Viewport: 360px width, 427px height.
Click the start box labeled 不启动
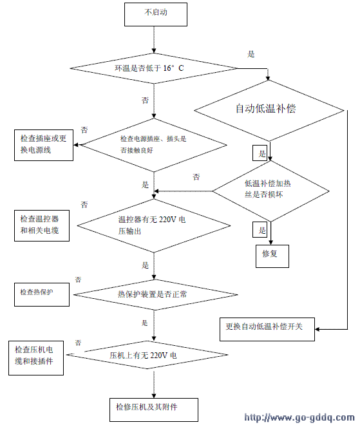(x=155, y=14)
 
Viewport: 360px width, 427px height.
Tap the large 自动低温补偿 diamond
(x=270, y=108)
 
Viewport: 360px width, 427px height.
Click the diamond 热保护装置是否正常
(x=153, y=295)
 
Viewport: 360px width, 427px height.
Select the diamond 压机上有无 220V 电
(x=153, y=355)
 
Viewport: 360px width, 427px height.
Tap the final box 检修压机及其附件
(x=155, y=407)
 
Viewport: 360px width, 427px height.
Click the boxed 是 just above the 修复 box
(x=262, y=229)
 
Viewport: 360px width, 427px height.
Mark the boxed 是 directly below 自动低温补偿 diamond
(x=261, y=153)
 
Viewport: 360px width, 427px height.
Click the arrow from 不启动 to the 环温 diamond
(x=155, y=40)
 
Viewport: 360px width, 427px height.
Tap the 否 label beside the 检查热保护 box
(x=79, y=280)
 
